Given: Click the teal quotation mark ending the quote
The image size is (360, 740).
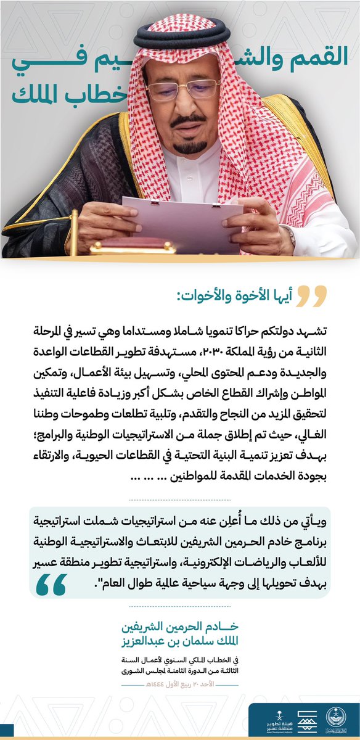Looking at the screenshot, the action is point(52,583).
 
